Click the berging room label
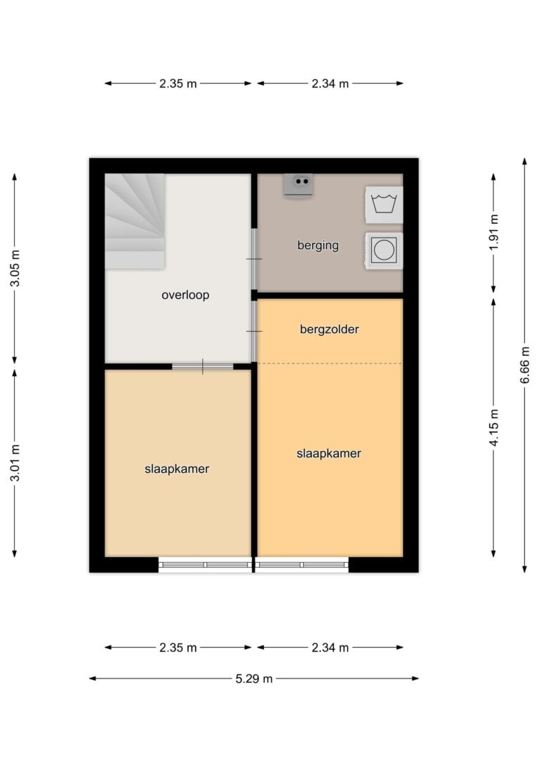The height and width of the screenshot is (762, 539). tap(318, 246)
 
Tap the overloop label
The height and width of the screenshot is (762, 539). tap(185, 295)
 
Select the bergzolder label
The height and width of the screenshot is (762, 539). tap(329, 330)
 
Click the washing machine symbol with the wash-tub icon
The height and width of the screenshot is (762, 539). tap(384, 205)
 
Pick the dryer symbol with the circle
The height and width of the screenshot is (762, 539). tap(384, 250)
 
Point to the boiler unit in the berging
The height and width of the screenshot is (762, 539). tap(298, 186)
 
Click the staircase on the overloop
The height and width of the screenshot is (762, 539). tap(135, 221)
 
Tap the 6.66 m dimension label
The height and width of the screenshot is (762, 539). tap(525, 365)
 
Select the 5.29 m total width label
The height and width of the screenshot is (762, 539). tap(253, 679)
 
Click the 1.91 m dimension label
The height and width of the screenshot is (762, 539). tap(494, 232)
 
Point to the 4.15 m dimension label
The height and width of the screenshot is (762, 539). tap(494, 427)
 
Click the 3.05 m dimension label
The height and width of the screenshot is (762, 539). tap(15, 268)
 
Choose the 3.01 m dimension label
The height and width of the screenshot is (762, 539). tap(15, 462)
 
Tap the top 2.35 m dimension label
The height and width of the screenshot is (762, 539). tap(178, 83)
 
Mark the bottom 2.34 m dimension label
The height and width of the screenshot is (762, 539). tap(330, 648)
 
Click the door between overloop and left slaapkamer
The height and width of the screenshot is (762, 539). tap(203, 366)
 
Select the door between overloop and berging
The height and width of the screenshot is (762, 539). tap(253, 259)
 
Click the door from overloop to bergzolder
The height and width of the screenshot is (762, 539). tap(253, 331)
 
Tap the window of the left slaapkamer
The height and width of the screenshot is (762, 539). tap(206, 565)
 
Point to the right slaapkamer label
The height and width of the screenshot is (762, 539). tap(328, 453)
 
